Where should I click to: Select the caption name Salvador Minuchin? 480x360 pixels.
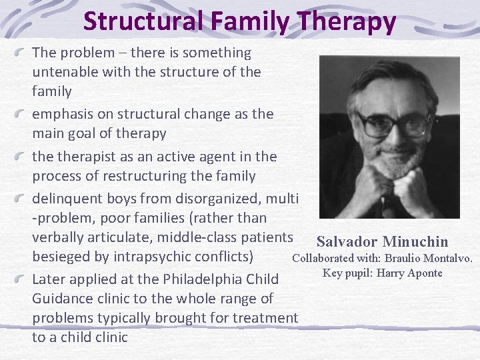click(x=382, y=241)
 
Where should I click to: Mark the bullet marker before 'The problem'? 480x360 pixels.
click(x=23, y=53)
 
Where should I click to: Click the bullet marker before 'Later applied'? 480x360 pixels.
click(x=23, y=279)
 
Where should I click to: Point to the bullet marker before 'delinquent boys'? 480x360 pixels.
click(x=23, y=198)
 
